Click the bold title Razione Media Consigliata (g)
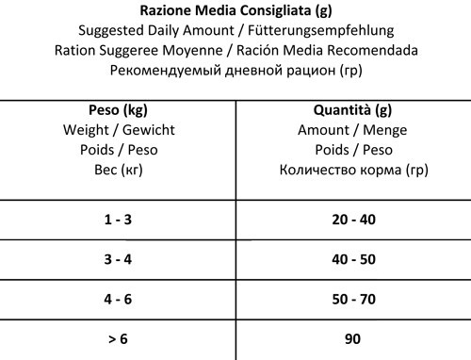point(235,12)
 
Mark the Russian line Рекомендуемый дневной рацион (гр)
point(235,69)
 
